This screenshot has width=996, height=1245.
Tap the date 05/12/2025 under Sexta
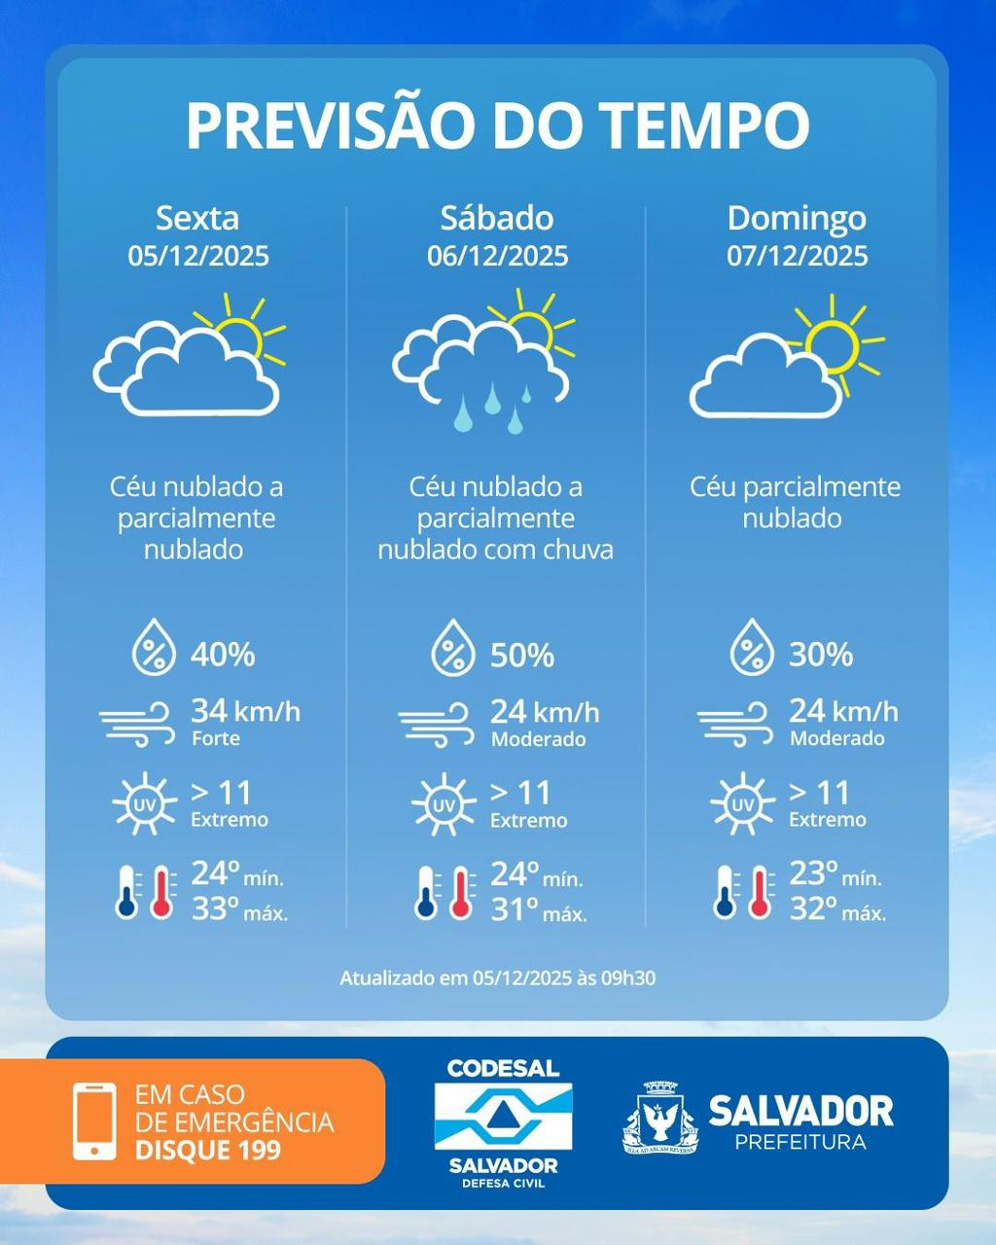(198, 256)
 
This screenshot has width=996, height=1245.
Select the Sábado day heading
(497, 218)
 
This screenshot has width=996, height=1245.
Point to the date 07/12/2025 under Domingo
(797, 256)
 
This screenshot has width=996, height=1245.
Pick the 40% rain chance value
(223, 655)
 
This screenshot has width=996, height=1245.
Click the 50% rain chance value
(522, 656)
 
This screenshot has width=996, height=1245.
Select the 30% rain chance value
(821, 655)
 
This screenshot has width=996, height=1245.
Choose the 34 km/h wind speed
(245, 711)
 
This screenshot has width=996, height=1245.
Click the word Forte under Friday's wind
(215, 738)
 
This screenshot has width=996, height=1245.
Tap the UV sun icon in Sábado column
(444, 804)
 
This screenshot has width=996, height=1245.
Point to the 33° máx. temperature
(239, 909)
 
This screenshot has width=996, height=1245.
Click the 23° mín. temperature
(836, 873)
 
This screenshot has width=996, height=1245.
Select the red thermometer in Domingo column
(761, 892)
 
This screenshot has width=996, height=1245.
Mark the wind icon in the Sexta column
(137, 725)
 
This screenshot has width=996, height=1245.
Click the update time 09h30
(630, 978)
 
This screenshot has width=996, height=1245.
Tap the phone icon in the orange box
(94, 1120)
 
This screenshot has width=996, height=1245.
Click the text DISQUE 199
(208, 1151)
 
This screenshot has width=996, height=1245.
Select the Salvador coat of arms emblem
(660, 1120)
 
